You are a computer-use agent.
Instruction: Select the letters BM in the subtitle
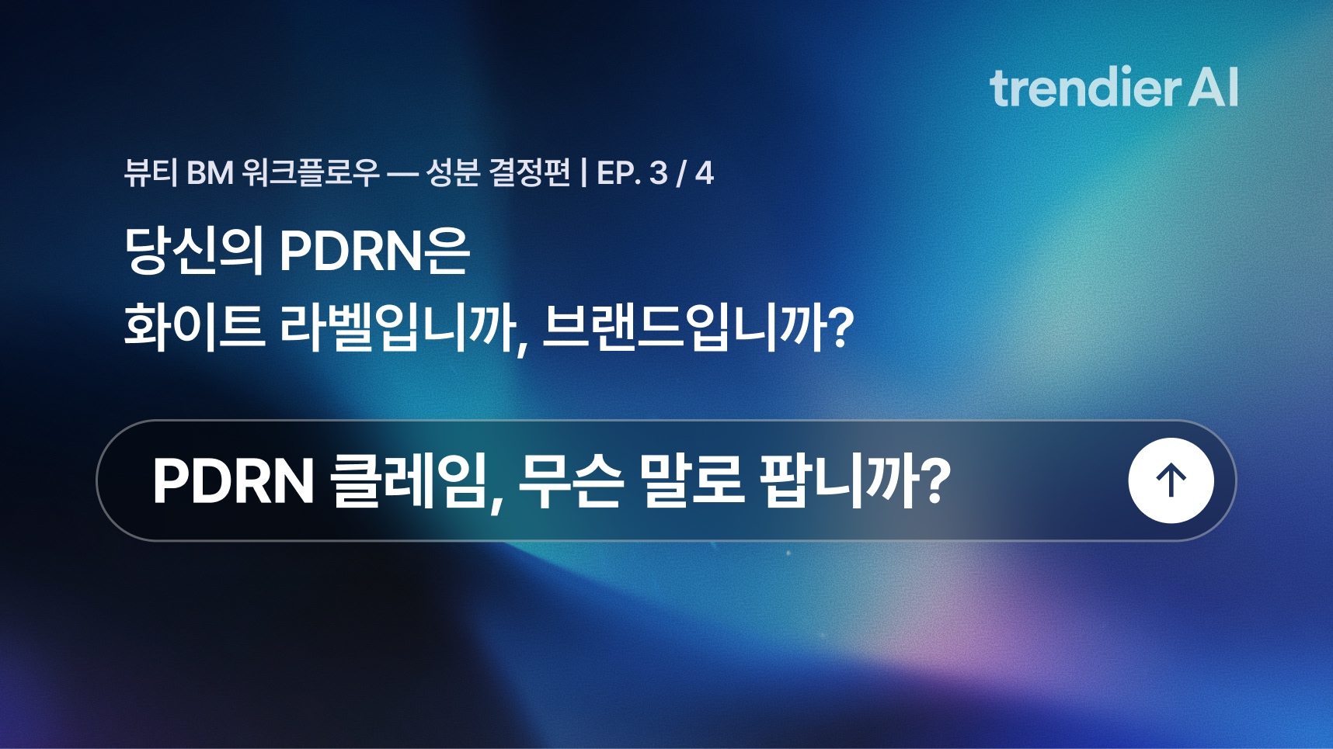(x=210, y=173)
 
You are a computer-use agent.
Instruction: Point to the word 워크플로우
(x=311, y=172)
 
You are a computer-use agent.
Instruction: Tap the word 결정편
(x=529, y=172)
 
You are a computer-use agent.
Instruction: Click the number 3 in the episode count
(x=659, y=173)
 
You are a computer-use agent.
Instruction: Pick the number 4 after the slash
(x=704, y=173)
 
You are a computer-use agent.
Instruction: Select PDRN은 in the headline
(x=374, y=250)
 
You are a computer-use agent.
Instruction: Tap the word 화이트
(x=194, y=326)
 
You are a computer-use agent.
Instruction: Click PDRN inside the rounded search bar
(x=233, y=481)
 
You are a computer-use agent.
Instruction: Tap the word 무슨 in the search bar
(x=570, y=481)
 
